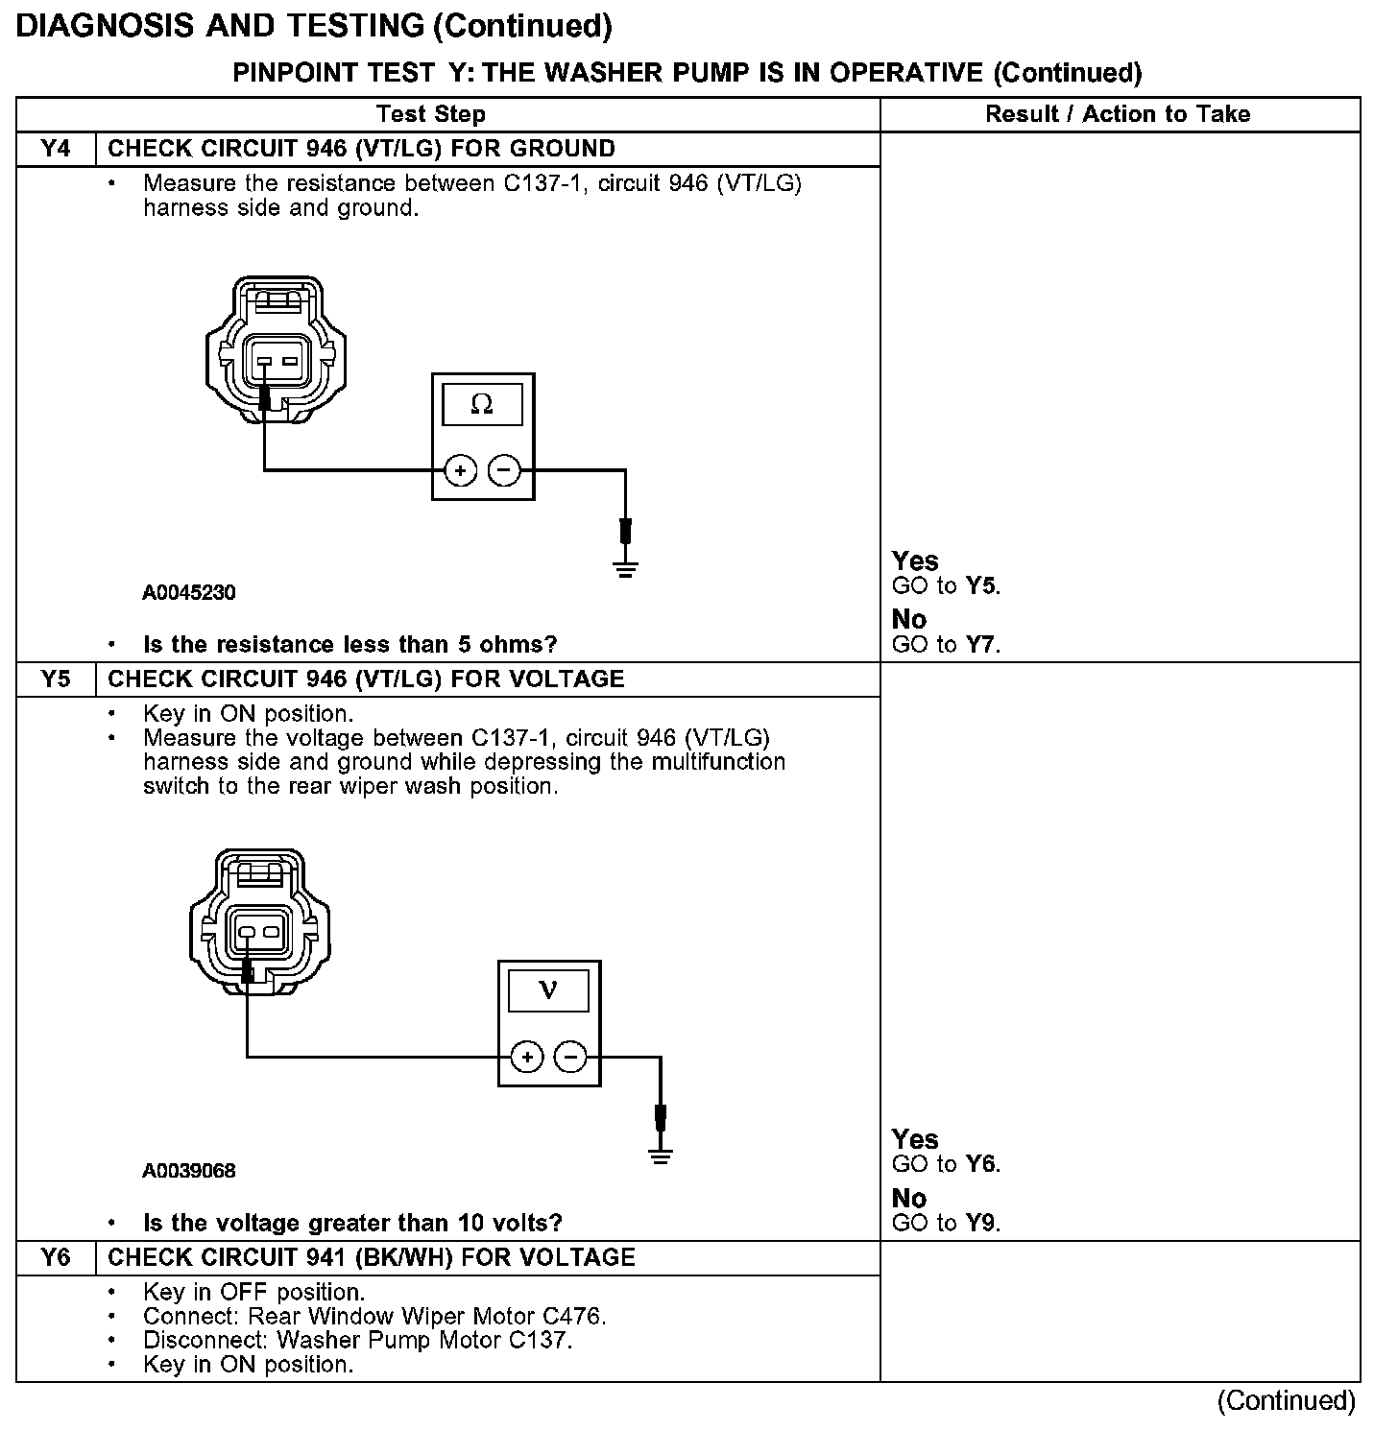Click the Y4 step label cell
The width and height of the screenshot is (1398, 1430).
(x=56, y=149)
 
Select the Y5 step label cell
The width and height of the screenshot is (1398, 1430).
(x=56, y=679)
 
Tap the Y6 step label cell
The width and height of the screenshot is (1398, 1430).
(x=56, y=1257)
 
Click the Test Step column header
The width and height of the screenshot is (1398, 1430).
(x=431, y=114)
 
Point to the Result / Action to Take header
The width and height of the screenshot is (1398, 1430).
(x=1118, y=114)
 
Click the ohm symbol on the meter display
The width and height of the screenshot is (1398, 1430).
(x=482, y=405)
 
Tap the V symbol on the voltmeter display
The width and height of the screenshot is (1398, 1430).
(x=548, y=989)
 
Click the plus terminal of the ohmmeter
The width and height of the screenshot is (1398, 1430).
(x=461, y=470)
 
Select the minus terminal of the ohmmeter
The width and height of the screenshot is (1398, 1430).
(x=504, y=470)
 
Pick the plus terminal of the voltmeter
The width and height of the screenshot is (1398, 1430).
(x=526, y=1057)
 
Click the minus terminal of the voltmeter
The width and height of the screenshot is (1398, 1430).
(x=570, y=1057)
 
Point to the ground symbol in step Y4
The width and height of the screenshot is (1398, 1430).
(x=625, y=569)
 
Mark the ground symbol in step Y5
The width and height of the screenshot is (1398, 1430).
(x=660, y=1156)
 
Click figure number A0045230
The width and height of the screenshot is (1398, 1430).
(x=189, y=592)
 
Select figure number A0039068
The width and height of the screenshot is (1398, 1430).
(x=189, y=1171)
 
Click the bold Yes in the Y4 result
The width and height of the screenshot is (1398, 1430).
(x=915, y=560)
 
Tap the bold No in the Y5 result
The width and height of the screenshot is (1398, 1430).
(x=908, y=1198)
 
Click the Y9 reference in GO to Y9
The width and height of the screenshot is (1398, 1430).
(x=981, y=1223)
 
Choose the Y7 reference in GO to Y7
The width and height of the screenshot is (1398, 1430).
(x=981, y=644)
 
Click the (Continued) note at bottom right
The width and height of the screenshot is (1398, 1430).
(x=1286, y=1401)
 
